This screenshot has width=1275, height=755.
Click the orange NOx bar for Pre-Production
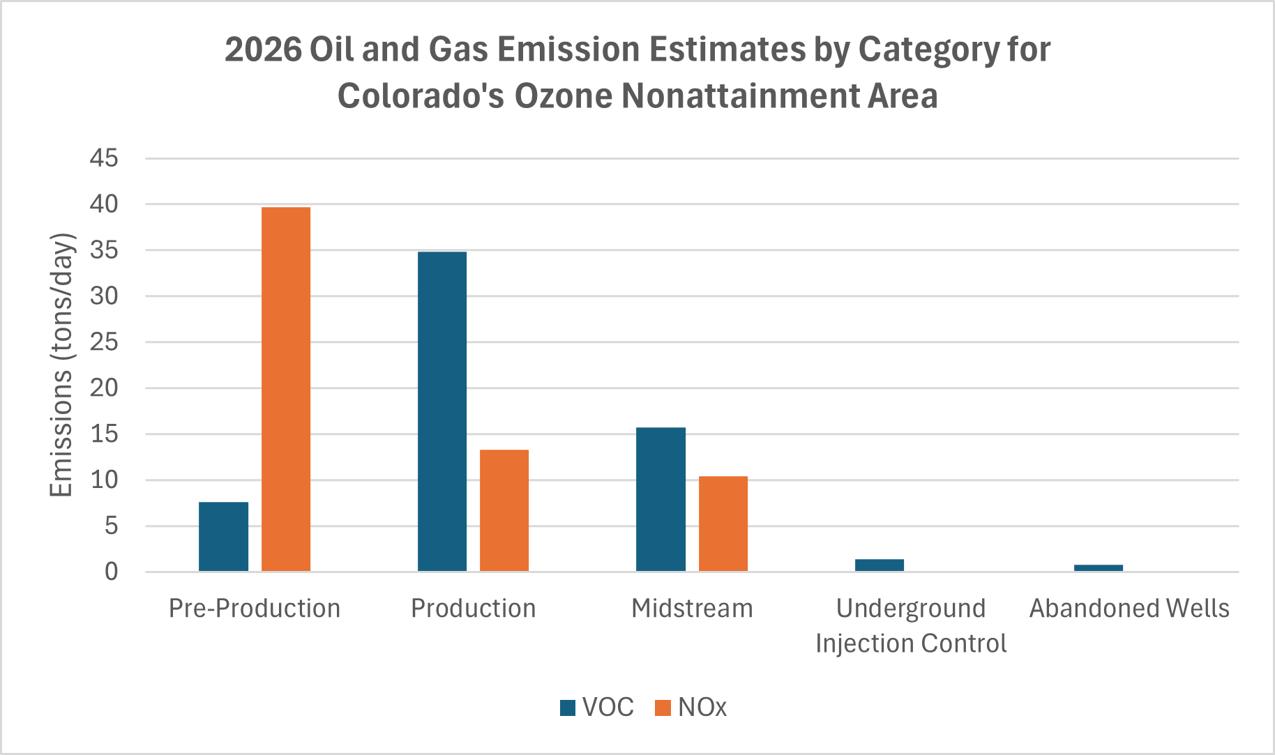[286, 389]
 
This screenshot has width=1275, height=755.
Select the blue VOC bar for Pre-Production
[223, 537]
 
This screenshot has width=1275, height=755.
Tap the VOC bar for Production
[442, 411]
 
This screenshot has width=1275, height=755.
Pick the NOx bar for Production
[504, 510]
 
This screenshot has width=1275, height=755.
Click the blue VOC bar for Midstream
[661, 499]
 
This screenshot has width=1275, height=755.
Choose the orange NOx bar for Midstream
[723, 524]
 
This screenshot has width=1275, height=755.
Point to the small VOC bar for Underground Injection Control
[879, 565]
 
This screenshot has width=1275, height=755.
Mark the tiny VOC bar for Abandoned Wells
[1098, 568]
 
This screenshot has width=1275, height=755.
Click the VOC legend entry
[597, 708]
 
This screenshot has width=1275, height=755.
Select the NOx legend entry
[691, 708]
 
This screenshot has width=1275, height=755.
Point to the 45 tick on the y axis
[104, 158]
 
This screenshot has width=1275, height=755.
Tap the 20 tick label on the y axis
[104, 388]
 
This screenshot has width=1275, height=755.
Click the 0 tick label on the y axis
[112, 572]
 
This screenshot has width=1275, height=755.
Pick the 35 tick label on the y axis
[104, 250]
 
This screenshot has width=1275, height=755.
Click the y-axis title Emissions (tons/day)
[61, 365]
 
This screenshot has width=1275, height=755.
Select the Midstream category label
[692, 609]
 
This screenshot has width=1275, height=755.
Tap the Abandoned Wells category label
[1129, 609]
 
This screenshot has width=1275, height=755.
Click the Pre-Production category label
[255, 609]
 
